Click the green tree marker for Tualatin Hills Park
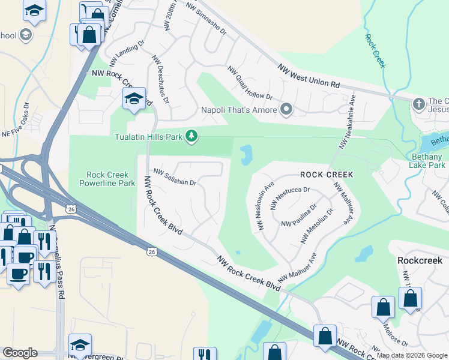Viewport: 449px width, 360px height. (191, 137)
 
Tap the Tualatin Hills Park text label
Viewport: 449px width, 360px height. (148, 137)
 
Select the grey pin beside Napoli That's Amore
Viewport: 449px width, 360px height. (287, 110)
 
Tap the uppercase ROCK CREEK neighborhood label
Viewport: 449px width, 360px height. (327, 175)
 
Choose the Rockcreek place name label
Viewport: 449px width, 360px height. (420, 260)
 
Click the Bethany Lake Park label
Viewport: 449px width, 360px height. (427, 160)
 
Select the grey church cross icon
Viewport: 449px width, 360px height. (420, 104)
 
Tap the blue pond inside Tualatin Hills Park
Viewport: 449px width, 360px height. (246, 155)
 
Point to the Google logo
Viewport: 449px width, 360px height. (19, 353)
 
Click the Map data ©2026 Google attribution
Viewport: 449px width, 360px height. (412, 355)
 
